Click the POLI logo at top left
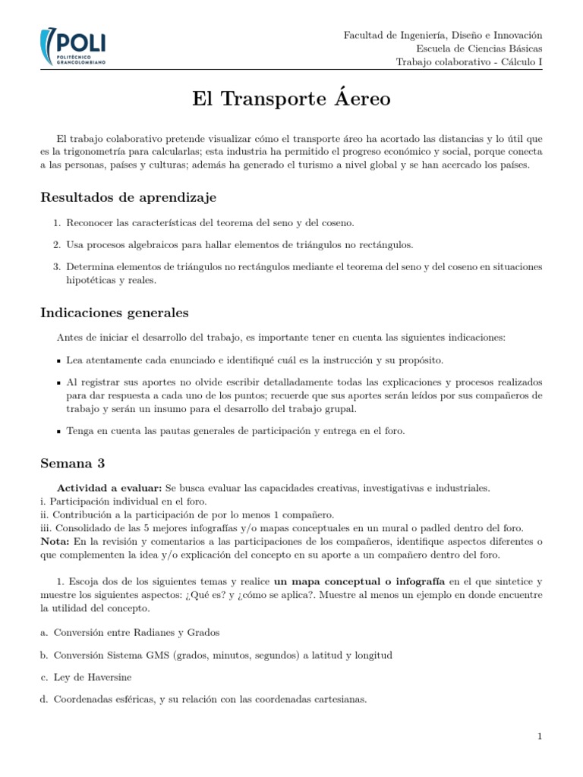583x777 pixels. point(74,47)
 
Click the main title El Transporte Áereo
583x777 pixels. point(291,99)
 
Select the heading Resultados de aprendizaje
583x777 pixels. point(128,197)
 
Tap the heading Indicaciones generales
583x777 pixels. point(114,313)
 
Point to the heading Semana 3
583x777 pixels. point(72,463)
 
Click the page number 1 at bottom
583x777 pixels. point(539,736)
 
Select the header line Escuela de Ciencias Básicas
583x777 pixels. point(479,49)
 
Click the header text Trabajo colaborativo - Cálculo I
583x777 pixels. point(469,62)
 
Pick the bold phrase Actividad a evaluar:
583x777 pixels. point(109,487)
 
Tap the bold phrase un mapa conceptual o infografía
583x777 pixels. point(354,581)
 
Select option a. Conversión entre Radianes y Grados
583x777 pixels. point(130,632)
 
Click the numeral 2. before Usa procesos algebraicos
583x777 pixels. point(57,244)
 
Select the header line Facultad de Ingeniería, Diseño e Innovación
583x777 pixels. point(443,35)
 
